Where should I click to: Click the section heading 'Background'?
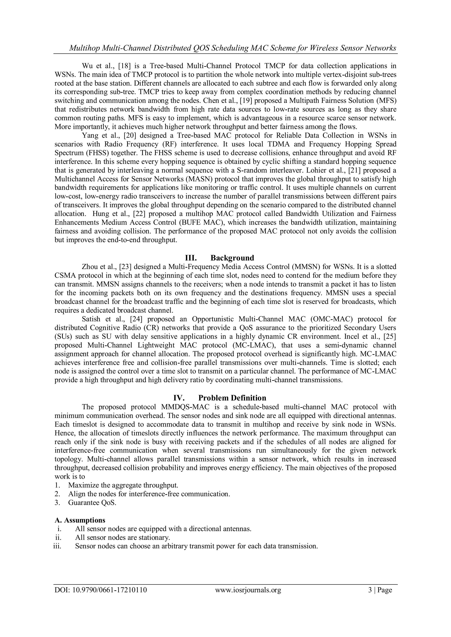232,258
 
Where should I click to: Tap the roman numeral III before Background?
191,258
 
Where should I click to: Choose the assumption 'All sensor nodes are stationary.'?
122,537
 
